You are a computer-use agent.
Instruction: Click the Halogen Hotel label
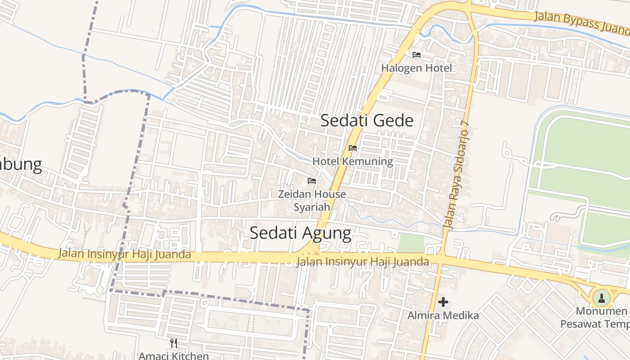pos(416,68)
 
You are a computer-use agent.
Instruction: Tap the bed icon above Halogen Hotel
pos(417,55)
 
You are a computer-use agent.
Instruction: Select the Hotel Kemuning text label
pos(352,161)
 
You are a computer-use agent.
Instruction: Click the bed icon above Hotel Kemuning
pos(353,148)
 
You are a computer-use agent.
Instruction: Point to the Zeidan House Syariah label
pos(312,200)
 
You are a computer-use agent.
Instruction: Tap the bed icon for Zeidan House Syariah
pos(312,181)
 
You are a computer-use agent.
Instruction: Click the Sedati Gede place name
pos(367,121)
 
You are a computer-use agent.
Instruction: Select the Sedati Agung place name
pos(300,233)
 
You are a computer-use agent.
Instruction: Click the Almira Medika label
pos(443,315)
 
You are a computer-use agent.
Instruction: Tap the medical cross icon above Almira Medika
pos(443,302)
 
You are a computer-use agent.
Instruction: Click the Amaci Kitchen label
pos(173,355)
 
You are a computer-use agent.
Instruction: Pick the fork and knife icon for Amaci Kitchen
pos(174,344)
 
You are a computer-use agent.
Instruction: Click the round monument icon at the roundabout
pos(601,297)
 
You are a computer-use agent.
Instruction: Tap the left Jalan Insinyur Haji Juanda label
pos(125,254)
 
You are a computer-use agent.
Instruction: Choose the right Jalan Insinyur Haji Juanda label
pos(363,261)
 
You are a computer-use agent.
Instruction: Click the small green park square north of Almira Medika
pos(410,243)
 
